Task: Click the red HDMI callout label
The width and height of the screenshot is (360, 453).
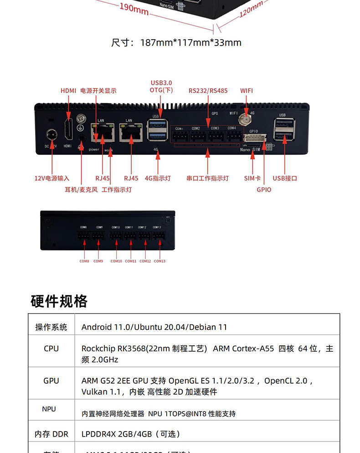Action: point(68,91)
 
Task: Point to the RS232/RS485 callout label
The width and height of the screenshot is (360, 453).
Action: point(208,91)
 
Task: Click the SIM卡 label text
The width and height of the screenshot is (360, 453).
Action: point(252,178)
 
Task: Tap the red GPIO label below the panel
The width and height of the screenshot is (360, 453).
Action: point(263,189)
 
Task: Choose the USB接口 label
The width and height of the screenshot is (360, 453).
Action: point(285,178)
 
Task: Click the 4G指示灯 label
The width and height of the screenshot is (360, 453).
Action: point(158,178)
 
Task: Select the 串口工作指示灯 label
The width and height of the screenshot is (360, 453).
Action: point(207,178)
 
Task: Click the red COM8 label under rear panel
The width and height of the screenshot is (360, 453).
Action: point(84,261)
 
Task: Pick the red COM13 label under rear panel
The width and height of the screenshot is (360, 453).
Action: point(159,261)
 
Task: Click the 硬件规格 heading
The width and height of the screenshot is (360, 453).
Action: point(59,301)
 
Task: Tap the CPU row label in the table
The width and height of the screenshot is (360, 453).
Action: point(51,349)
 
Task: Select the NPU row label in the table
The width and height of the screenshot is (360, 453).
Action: point(49,409)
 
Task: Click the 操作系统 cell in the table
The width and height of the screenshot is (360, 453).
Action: point(51,327)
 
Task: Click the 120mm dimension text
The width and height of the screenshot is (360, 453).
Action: point(251,9)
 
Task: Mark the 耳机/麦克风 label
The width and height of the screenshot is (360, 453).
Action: point(81,189)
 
